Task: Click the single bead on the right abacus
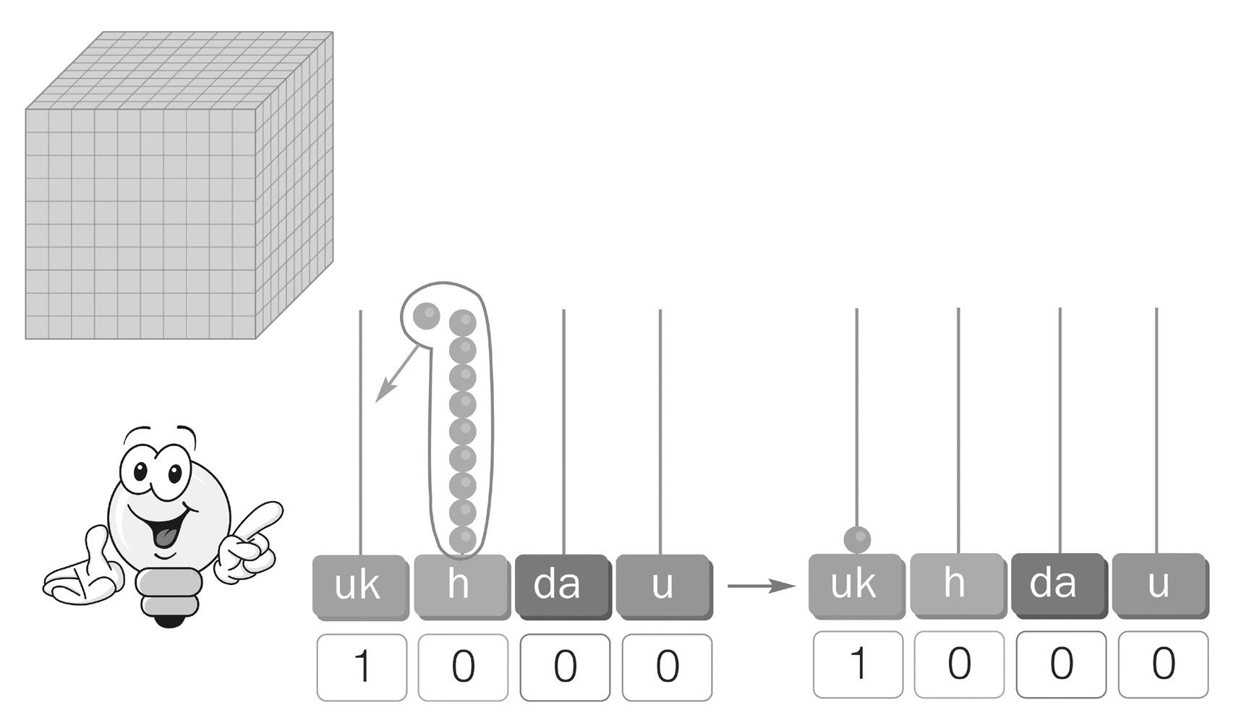(857, 539)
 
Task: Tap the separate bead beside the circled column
(427, 315)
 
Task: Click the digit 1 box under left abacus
(362, 667)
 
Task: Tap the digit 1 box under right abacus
(858, 664)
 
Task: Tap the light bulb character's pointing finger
(264, 513)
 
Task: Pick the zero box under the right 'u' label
(1163, 664)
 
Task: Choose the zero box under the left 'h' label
(463, 667)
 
